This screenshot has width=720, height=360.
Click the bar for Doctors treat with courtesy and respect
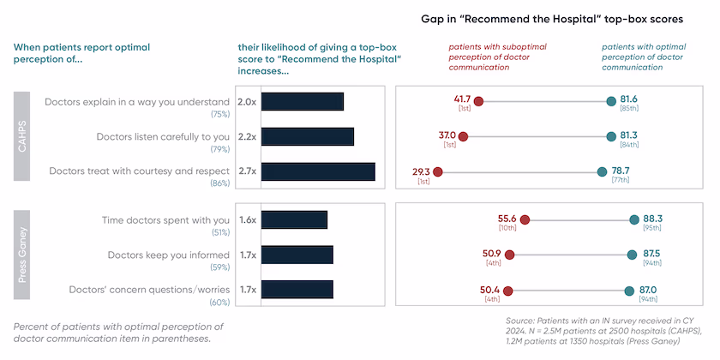point(318,171)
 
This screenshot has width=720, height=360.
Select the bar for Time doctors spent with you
point(294,219)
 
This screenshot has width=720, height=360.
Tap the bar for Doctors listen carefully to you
point(307,136)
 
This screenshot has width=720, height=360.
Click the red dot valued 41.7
point(478,101)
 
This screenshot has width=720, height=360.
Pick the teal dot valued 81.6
point(611,101)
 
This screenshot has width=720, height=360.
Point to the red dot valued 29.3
point(437,171)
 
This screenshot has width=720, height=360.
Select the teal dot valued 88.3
point(634,219)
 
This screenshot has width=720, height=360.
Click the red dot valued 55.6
point(525,219)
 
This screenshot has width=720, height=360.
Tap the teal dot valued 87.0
point(629,290)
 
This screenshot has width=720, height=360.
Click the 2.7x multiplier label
point(247,171)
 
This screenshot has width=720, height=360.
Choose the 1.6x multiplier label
point(247,219)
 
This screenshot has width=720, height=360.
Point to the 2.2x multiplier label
point(247,136)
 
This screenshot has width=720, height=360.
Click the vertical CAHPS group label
point(23,136)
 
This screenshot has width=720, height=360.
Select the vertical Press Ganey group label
point(23,255)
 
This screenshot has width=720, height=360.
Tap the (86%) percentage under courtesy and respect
point(219,183)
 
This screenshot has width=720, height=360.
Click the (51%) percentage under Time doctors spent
point(219,232)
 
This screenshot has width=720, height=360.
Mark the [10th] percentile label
point(507,228)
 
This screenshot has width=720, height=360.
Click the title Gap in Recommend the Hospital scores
point(539,18)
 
